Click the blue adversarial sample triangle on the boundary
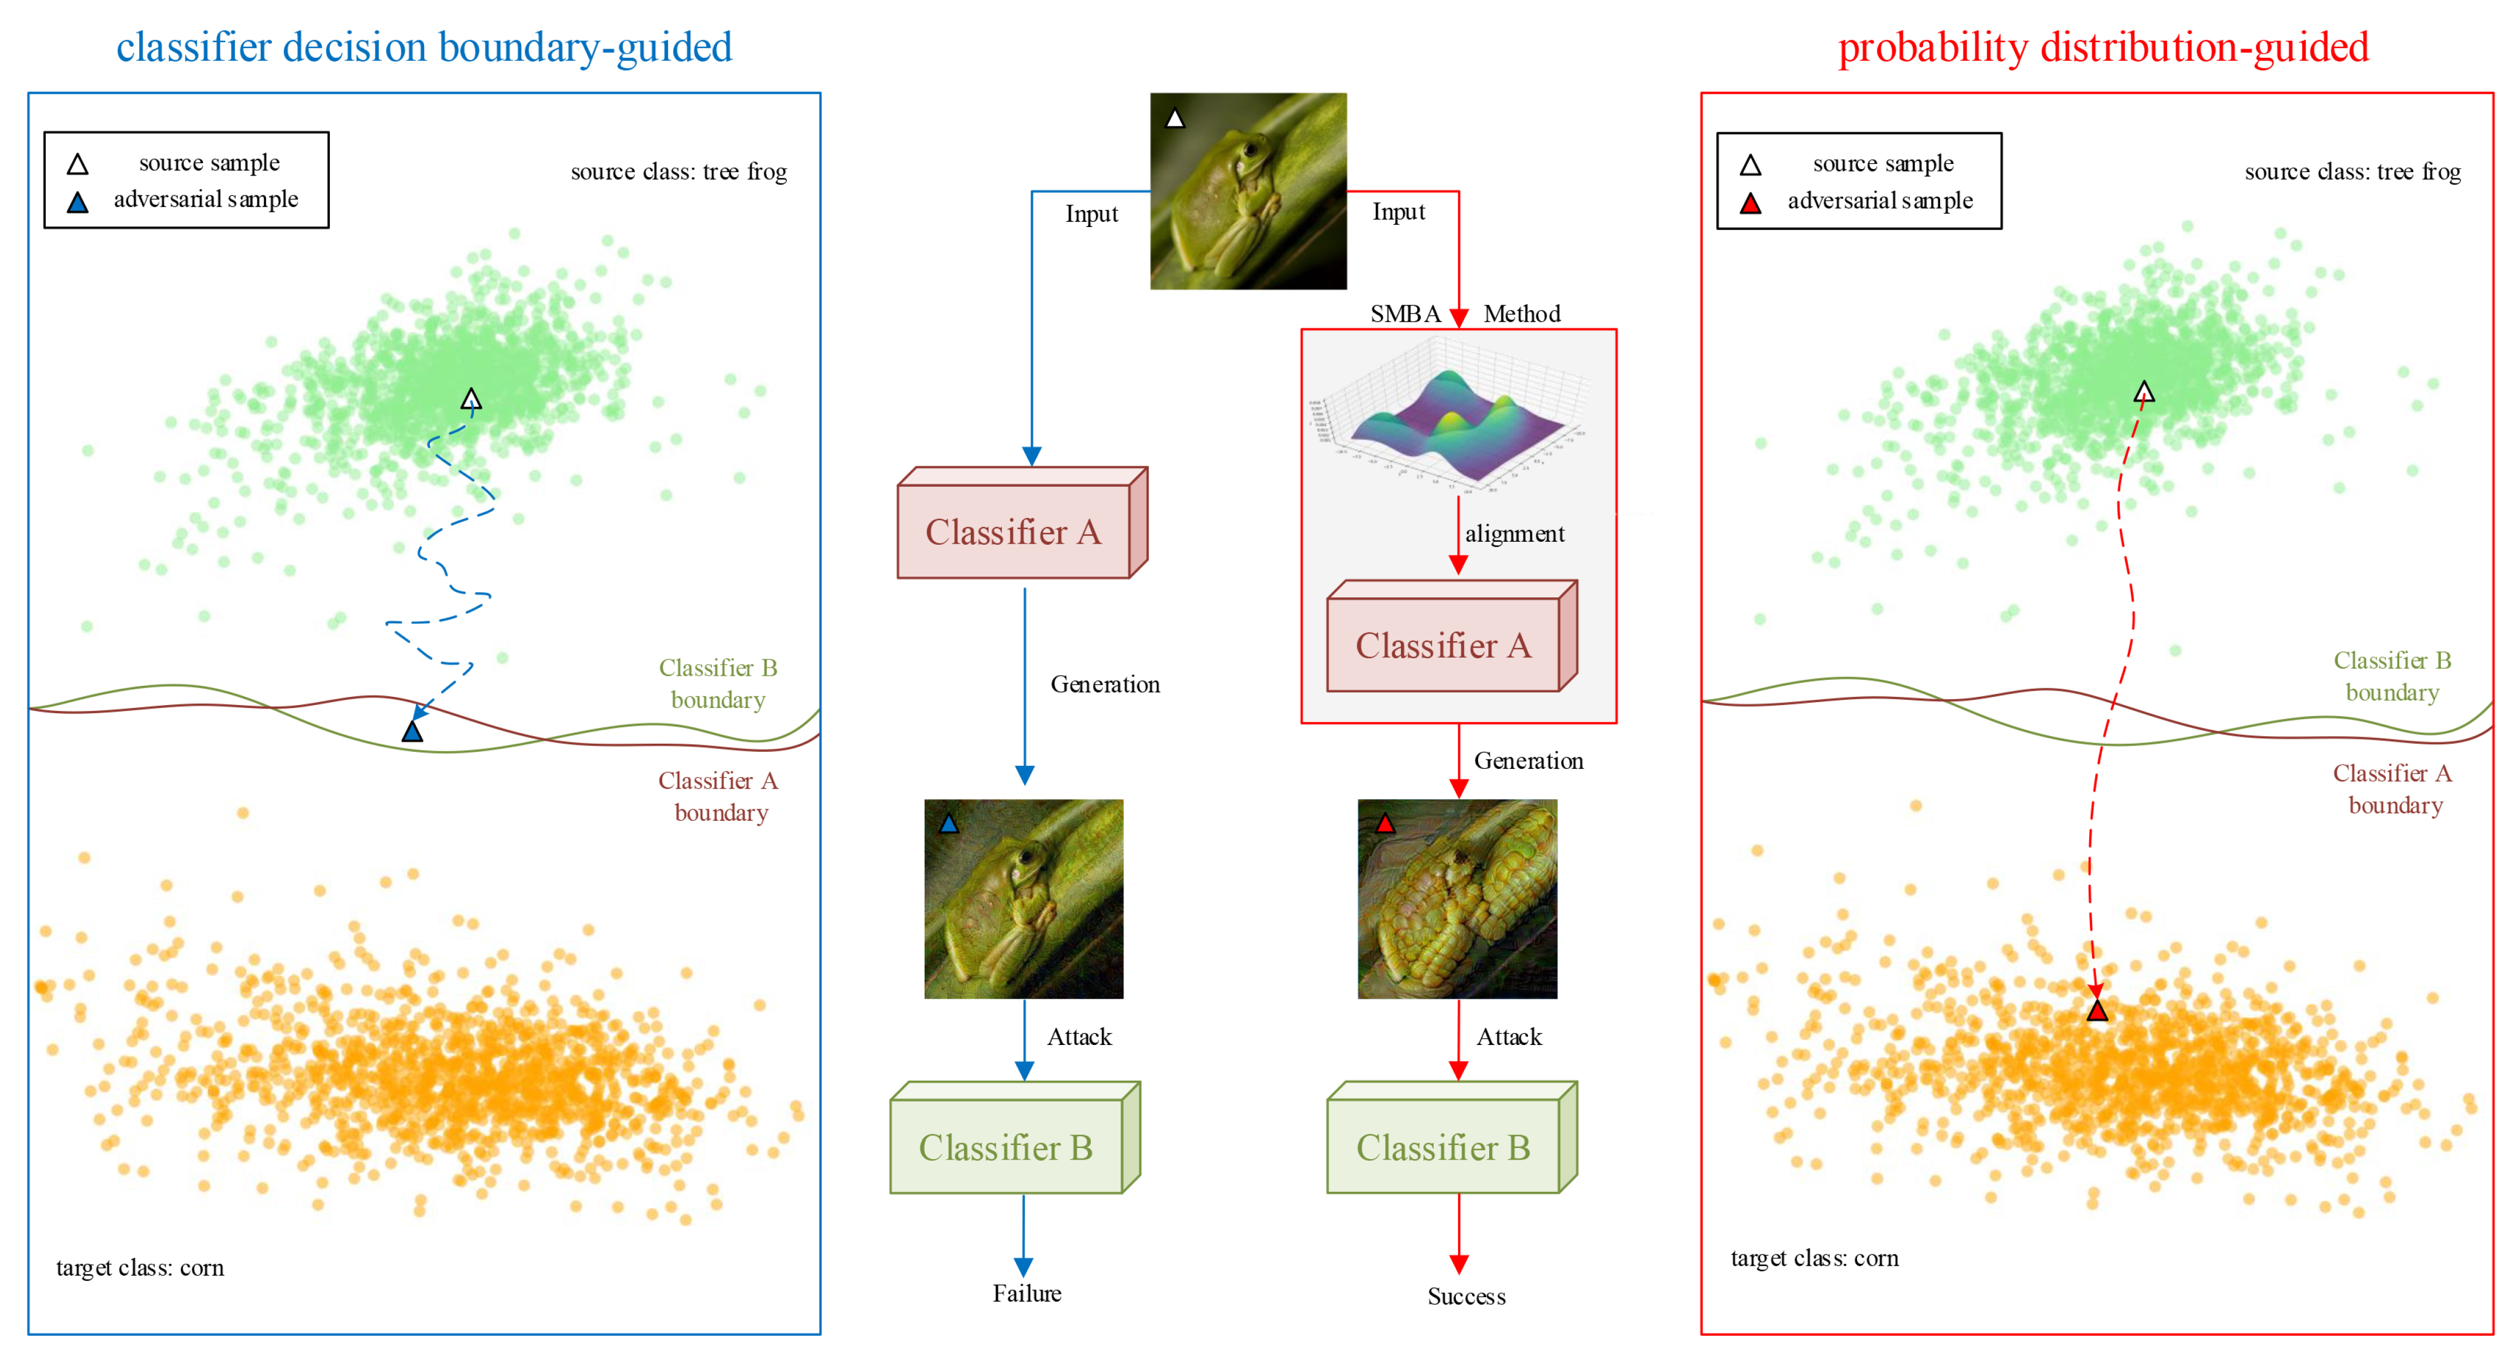(x=412, y=731)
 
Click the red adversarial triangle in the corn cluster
(x=2097, y=1011)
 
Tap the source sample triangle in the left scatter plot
(x=471, y=399)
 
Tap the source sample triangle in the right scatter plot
(x=2144, y=392)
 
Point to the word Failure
(x=1027, y=1293)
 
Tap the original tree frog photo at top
(x=1248, y=191)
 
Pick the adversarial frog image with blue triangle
(x=1024, y=898)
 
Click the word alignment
(x=1514, y=534)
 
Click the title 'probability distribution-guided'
(x=2103, y=47)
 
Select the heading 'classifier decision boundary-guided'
(x=424, y=47)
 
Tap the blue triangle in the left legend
(x=77, y=202)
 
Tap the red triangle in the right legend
(x=1751, y=204)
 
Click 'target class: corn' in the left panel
(x=140, y=1268)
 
